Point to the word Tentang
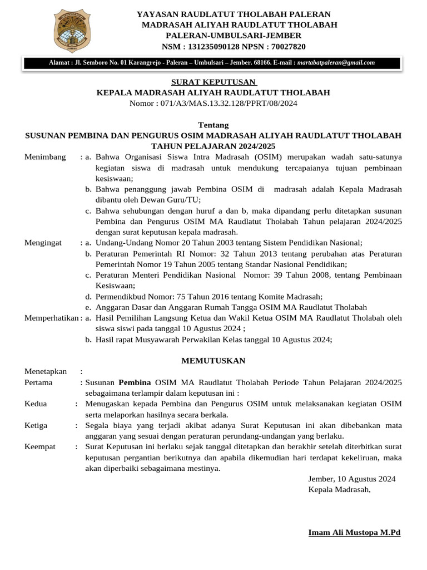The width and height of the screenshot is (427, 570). pyautogui.click(x=213, y=125)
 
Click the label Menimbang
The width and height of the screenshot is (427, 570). pyautogui.click(x=45, y=157)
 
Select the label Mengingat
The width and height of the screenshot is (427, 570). pyautogui.click(x=44, y=243)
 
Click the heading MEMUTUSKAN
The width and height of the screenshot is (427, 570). pyautogui.click(x=213, y=361)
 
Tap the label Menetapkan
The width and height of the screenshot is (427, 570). pyautogui.click(x=46, y=371)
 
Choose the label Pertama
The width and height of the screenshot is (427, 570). pyautogui.click(x=39, y=382)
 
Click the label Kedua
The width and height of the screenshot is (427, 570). pyautogui.click(x=36, y=404)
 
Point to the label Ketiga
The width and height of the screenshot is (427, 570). pyautogui.click(x=37, y=425)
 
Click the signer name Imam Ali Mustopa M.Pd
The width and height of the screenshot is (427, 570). pyautogui.click(x=354, y=533)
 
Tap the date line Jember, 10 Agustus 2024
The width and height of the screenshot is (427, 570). pyautogui.click(x=351, y=479)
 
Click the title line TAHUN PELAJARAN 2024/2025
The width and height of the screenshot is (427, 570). pyautogui.click(x=213, y=146)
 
